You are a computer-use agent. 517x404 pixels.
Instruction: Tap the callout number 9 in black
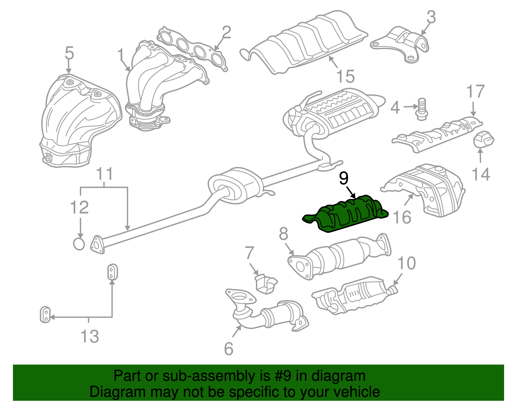[344, 179]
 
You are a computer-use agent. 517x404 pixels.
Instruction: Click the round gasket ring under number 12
[79, 244]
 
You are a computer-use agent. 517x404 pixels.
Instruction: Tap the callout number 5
[69, 53]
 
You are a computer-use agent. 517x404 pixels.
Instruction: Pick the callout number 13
[90, 336]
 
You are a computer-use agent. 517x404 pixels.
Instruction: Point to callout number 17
[475, 92]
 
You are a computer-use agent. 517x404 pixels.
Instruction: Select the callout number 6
[228, 349]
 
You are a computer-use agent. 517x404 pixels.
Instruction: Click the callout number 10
[406, 263]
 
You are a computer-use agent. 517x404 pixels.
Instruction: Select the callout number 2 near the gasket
[226, 33]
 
